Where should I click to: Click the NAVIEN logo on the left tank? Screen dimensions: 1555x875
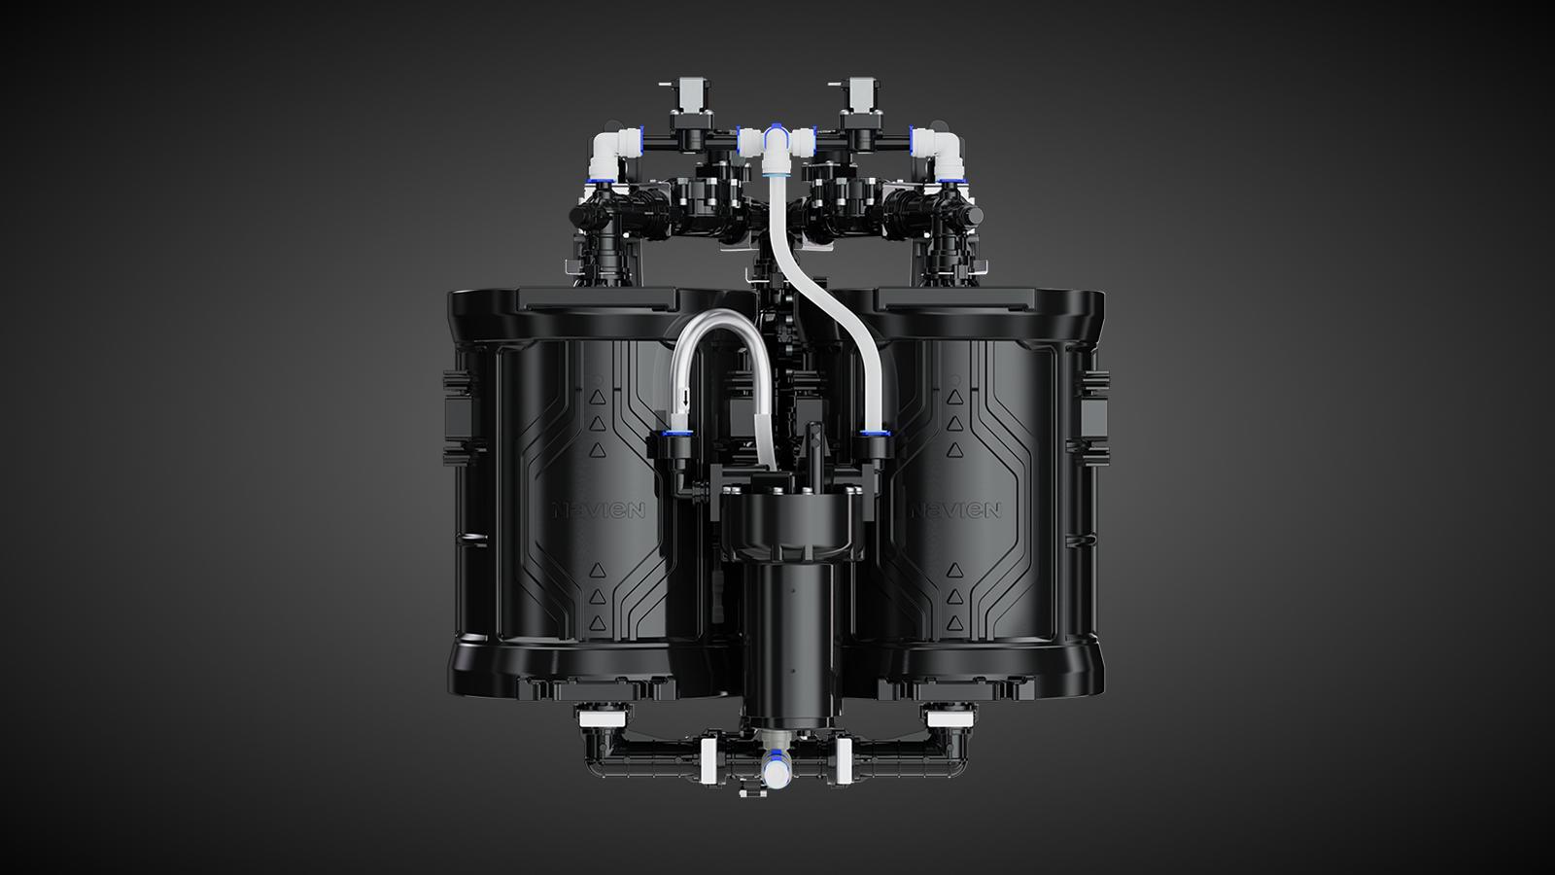pos(600,510)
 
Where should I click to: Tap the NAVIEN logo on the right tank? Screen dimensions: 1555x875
pos(955,510)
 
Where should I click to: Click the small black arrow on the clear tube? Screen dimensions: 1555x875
pos(686,399)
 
